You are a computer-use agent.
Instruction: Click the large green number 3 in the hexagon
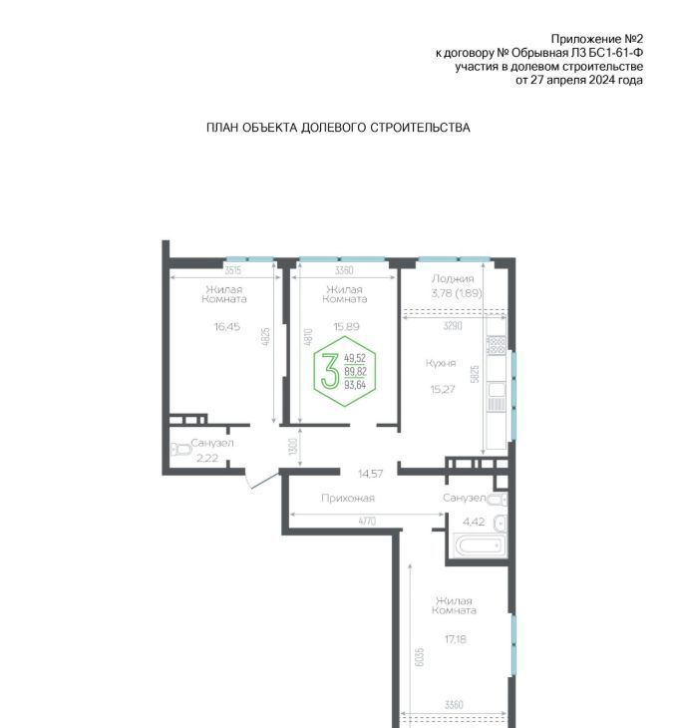click(330, 371)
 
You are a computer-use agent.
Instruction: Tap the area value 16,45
click(227, 326)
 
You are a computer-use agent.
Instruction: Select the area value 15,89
click(346, 326)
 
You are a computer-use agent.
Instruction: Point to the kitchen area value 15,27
click(443, 389)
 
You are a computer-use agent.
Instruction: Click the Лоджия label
click(453, 278)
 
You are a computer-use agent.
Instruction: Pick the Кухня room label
click(441, 363)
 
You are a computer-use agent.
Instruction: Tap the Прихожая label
click(348, 499)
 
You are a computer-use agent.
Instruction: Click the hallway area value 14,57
click(371, 474)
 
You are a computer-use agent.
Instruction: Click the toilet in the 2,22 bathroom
click(181, 450)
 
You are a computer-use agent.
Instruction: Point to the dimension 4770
click(367, 522)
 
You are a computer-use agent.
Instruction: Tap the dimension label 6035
click(420, 657)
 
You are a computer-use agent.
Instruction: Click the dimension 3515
click(232, 270)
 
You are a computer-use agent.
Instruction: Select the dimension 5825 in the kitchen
click(475, 374)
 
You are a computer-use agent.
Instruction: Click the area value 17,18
click(455, 639)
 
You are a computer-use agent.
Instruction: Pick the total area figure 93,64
click(355, 385)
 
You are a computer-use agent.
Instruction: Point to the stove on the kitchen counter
click(496, 346)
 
